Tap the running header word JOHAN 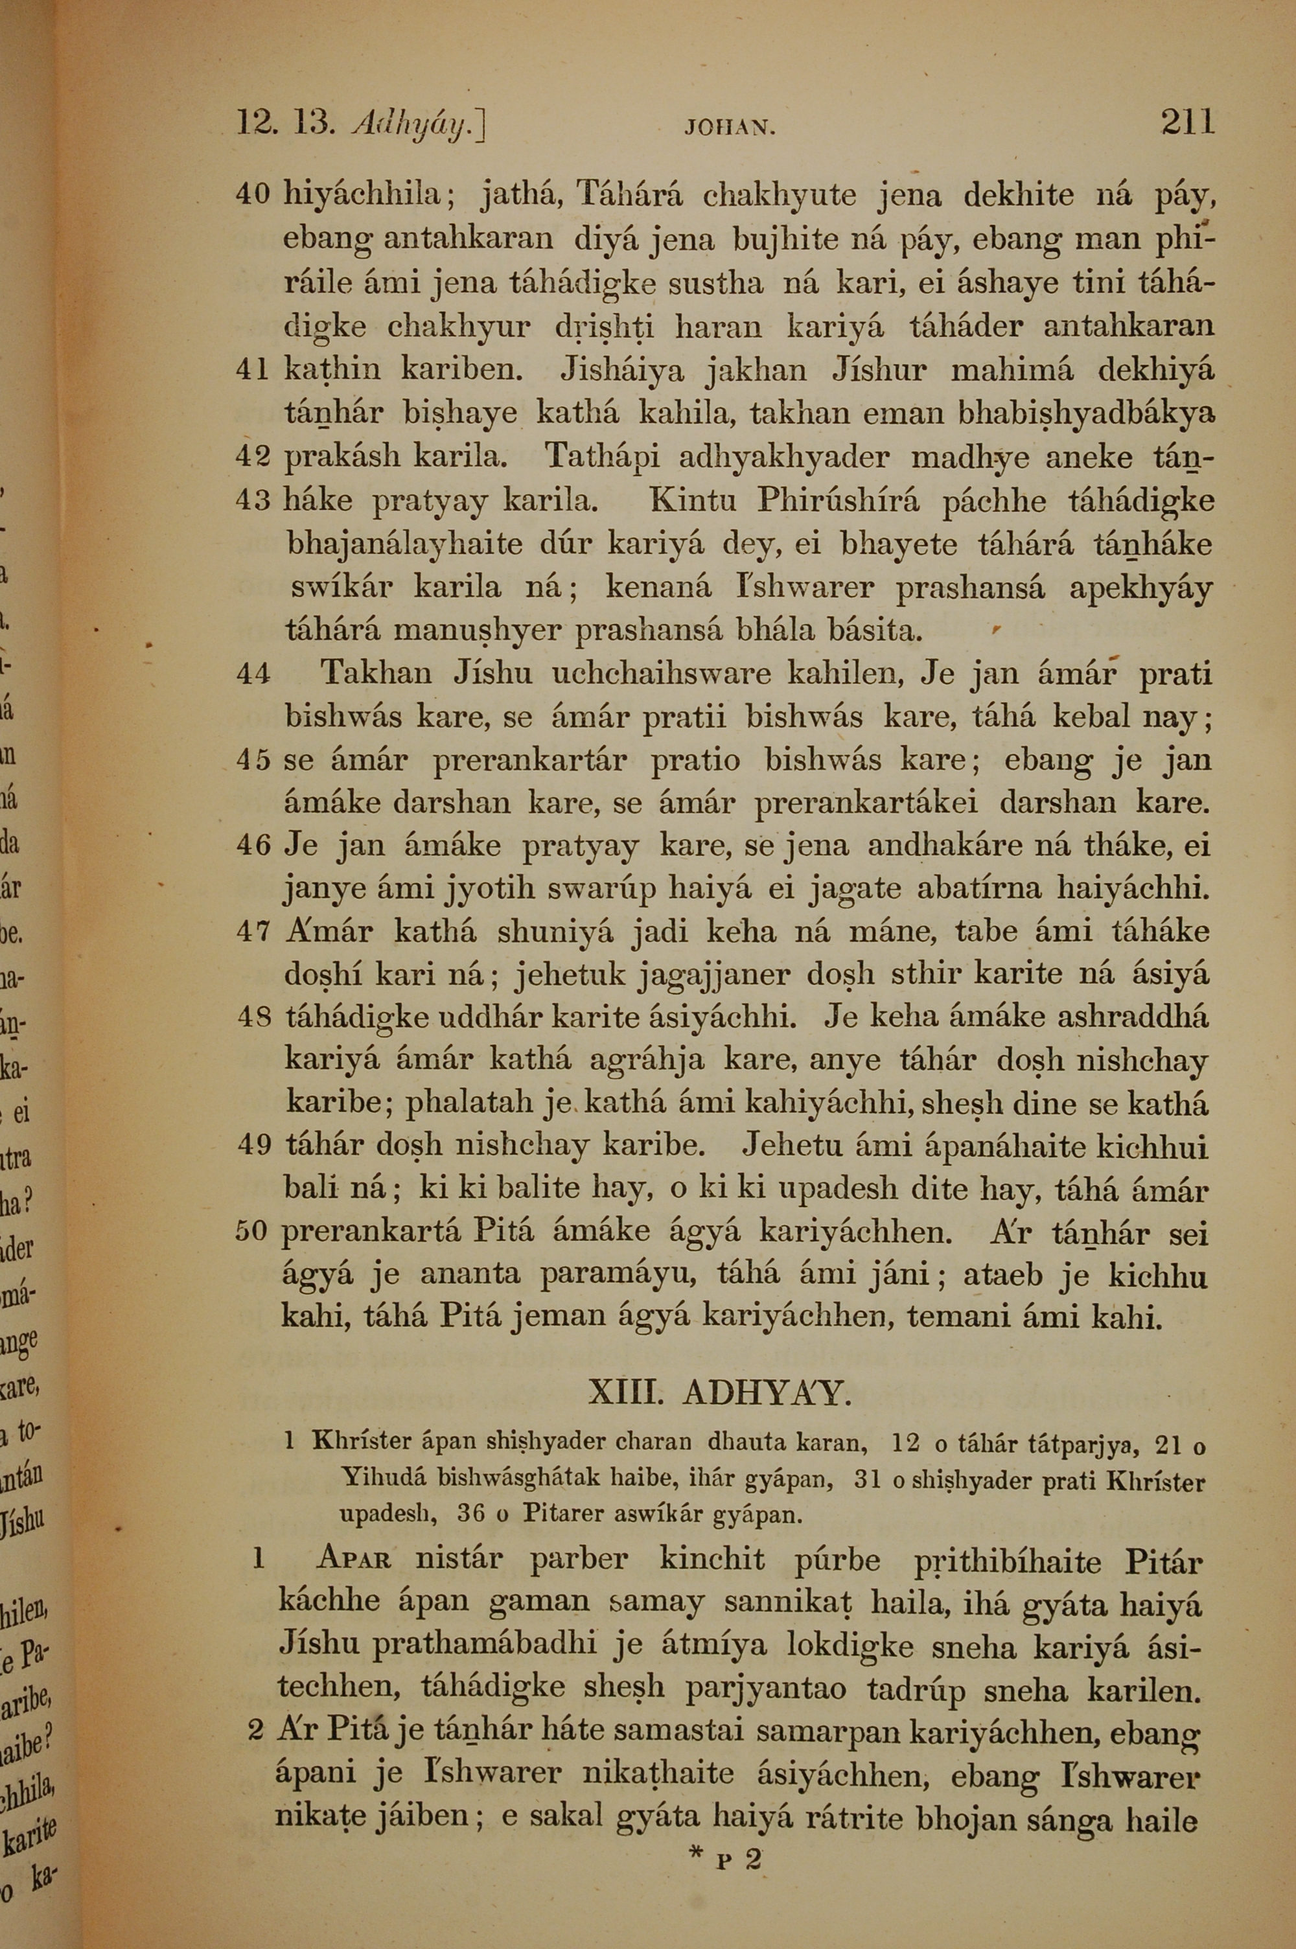click(x=729, y=128)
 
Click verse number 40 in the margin click(x=253, y=195)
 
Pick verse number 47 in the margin click(x=253, y=932)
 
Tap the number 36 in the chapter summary click(x=470, y=1514)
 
